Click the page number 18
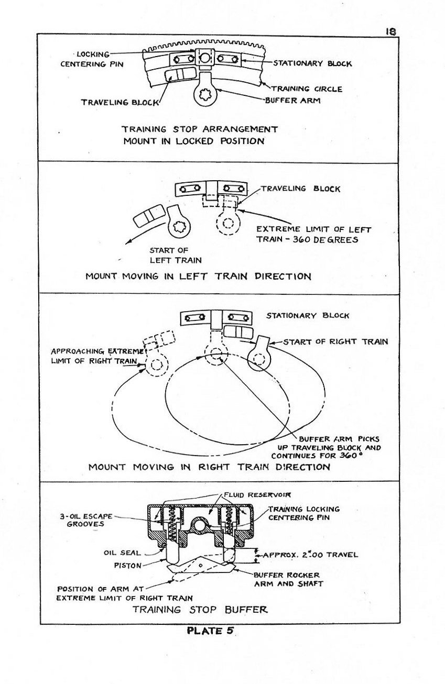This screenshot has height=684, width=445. tap(390, 31)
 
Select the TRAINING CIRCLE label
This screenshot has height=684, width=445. tap(306, 89)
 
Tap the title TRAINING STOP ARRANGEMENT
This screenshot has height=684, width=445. tap(200, 129)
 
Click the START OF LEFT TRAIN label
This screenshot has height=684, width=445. tap(168, 255)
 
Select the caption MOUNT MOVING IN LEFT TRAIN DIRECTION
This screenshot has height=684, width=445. tap(198, 276)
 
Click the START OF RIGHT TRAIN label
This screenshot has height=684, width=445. tap(335, 341)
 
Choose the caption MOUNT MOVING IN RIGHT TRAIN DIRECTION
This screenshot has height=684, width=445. tap(209, 467)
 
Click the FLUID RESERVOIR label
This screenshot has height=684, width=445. tap(250, 494)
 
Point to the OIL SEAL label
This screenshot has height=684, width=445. tap(122, 552)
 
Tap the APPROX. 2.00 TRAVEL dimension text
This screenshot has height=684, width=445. tap(310, 555)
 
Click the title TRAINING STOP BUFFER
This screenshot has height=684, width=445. tap(200, 609)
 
